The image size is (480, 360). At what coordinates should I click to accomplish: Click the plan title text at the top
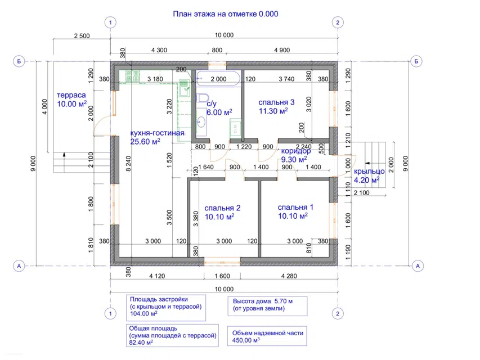click(226, 13)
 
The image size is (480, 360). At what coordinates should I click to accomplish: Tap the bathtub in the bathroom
click(218, 79)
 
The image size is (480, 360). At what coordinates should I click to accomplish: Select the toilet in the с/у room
click(201, 98)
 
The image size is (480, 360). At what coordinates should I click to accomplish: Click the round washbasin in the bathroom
click(201, 122)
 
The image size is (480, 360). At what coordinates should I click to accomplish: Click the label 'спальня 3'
click(276, 102)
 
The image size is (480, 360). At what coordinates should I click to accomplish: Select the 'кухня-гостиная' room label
click(158, 133)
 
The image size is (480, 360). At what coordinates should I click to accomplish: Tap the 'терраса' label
click(71, 95)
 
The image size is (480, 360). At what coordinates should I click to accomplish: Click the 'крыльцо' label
click(369, 172)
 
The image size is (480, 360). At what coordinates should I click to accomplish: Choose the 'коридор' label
click(296, 151)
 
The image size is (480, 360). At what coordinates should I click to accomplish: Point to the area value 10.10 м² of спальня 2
click(219, 217)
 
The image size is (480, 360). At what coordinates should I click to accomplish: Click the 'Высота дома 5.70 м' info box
click(267, 306)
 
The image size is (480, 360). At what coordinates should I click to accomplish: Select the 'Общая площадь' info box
click(172, 335)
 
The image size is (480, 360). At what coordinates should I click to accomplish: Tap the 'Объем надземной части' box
click(267, 336)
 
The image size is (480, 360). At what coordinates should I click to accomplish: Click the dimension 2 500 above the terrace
click(82, 36)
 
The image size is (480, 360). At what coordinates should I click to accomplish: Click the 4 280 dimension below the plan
click(289, 276)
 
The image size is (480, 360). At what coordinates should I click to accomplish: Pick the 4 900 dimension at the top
click(282, 50)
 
